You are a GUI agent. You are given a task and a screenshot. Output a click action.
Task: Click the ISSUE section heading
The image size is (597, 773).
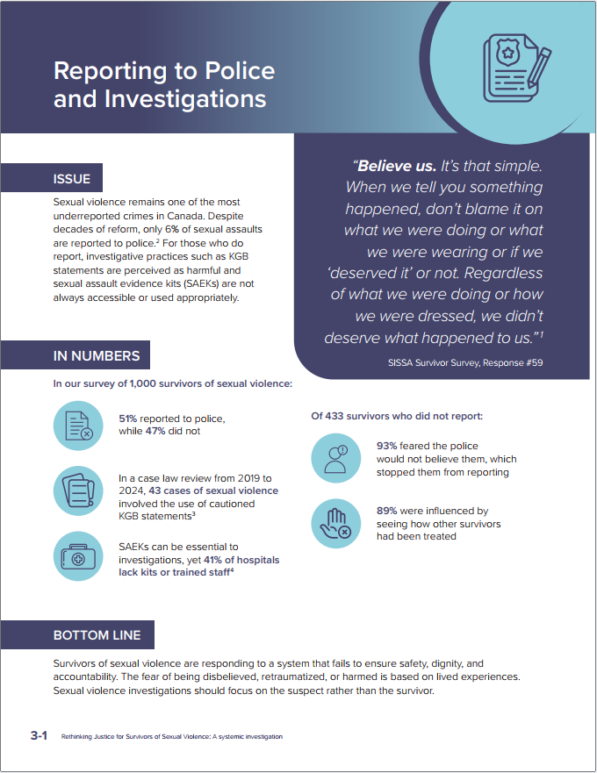(72, 179)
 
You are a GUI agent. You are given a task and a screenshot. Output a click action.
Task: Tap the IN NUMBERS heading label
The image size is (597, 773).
(97, 355)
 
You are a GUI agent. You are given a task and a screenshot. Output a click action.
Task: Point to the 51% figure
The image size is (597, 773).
(128, 419)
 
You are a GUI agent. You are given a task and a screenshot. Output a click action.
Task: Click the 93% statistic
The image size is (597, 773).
(386, 446)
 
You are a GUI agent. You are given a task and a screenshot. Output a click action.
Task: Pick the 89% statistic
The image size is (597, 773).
(386, 511)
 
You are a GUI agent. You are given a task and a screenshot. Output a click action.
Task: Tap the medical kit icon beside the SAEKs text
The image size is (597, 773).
(78, 555)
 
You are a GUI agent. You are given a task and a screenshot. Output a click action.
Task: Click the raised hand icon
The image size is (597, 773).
(335, 524)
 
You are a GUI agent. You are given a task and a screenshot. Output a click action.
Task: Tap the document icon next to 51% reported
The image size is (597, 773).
(78, 426)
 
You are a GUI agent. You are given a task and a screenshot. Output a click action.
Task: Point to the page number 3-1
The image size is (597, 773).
(38, 735)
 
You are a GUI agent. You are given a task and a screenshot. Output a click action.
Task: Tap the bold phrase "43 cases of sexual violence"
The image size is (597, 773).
(213, 490)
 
